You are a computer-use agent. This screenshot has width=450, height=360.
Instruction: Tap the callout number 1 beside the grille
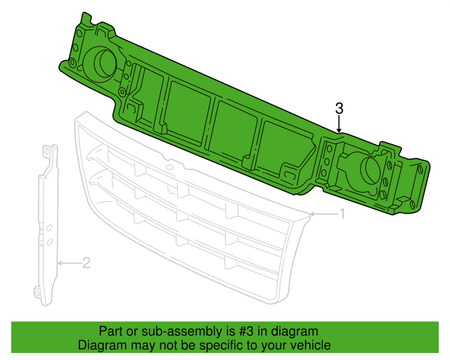(x=342, y=213)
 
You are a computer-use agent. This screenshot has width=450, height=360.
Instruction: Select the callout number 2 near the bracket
(x=86, y=264)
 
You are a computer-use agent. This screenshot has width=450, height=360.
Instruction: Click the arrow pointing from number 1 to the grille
(x=323, y=213)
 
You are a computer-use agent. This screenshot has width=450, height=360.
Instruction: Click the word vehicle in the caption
(x=310, y=345)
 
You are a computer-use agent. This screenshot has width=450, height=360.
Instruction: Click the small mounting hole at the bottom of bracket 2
(x=36, y=292)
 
